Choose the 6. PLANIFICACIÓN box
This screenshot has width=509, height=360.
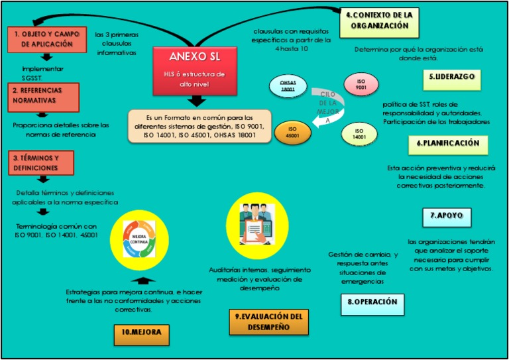(447, 143)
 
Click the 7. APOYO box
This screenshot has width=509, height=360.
(446, 216)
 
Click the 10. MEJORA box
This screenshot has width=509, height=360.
(141, 333)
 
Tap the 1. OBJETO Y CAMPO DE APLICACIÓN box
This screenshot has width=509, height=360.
(44, 39)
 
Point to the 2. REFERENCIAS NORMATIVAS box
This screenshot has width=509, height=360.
(44, 96)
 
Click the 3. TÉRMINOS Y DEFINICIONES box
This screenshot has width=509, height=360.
(41, 163)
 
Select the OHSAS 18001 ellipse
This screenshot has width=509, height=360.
(288, 86)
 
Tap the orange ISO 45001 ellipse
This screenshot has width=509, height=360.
(292, 132)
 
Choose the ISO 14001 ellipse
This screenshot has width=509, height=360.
(359, 133)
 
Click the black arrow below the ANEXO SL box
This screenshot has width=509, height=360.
(196, 101)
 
